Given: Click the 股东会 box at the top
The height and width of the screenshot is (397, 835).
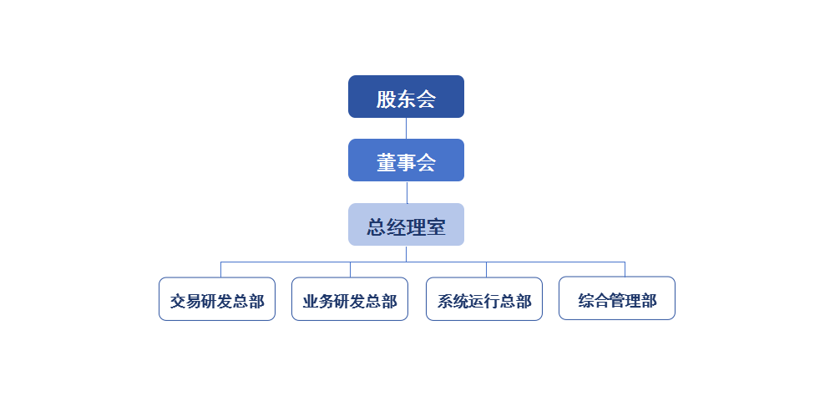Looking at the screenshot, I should (x=406, y=97).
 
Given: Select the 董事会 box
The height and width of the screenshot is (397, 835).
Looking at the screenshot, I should (x=406, y=160).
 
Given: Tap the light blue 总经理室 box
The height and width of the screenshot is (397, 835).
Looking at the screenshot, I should (x=406, y=225).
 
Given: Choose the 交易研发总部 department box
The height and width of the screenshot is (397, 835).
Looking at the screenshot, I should (x=217, y=298).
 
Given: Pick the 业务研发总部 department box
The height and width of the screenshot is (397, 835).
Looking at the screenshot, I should (x=349, y=298).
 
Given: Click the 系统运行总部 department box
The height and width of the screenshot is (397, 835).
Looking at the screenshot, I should (x=484, y=298).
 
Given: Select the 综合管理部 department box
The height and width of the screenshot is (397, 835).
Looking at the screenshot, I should (x=616, y=298).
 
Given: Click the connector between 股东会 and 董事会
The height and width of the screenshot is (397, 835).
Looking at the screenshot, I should (x=407, y=128).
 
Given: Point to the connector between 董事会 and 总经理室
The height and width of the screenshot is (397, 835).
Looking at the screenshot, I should (x=407, y=192).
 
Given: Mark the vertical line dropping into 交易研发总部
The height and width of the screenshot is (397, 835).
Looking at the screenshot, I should (x=221, y=269).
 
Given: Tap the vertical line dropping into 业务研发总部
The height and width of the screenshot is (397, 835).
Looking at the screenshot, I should (x=350, y=269).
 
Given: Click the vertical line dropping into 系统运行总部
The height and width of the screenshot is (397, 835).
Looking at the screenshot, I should (x=487, y=269).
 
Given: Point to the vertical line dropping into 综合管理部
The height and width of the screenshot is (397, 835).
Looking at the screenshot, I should (x=625, y=269).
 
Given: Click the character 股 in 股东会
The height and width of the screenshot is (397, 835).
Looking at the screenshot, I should (x=386, y=99).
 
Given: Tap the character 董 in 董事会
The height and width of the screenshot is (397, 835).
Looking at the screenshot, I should (x=386, y=163).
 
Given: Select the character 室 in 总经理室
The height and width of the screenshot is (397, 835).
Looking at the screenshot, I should (x=436, y=227).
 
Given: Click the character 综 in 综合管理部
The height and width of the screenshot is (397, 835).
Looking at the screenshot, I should (x=584, y=301).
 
